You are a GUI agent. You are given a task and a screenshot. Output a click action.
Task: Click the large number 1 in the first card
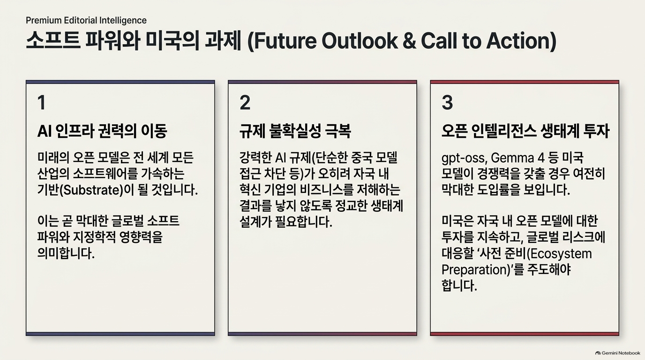point(42,103)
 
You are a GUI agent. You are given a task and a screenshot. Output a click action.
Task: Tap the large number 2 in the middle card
point(245,103)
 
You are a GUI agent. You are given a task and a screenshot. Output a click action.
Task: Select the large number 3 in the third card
point(447,103)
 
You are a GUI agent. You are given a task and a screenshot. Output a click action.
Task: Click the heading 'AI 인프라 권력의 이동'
point(102,131)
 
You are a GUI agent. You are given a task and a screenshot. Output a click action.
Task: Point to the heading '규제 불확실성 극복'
point(295,131)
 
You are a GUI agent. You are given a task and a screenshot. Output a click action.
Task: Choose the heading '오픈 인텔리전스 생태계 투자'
point(525,131)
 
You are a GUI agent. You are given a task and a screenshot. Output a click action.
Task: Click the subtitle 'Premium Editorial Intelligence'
point(86,21)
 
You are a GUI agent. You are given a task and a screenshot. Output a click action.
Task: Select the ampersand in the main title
point(409,41)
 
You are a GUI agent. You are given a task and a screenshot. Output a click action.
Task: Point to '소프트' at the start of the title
point(53,41)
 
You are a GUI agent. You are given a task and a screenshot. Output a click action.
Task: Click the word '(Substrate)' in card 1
point(93,190)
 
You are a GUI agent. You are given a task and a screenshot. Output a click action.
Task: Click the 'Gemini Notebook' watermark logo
point(618,353)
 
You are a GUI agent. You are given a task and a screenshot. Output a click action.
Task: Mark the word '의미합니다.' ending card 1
point(66,254)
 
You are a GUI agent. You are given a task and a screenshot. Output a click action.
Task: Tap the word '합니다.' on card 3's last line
point(459,285)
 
